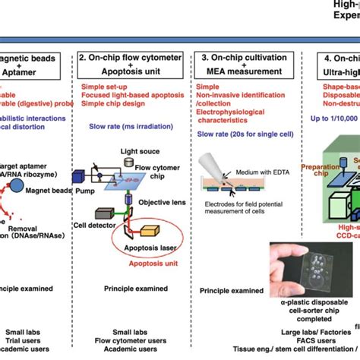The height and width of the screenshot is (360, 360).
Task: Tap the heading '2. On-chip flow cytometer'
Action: click(x=128, y=58)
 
